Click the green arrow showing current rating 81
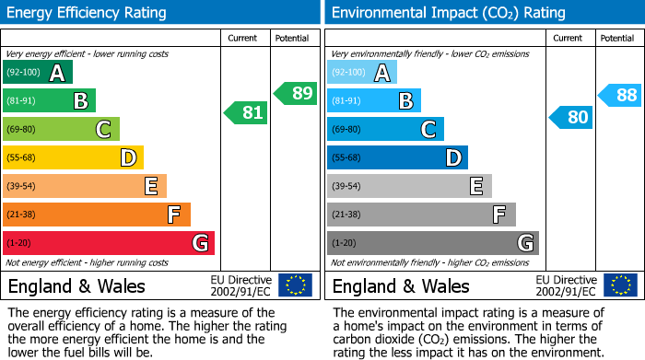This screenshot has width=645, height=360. [x=246, y=113]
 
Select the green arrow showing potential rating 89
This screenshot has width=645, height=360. [x=295, y=93]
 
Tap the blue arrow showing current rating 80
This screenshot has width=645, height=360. [x=570, y=117]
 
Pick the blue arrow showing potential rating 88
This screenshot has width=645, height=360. [x=620, y=94]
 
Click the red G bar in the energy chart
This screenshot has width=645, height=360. [x=108, y=243]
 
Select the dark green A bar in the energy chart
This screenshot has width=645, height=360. [x=37, y=72]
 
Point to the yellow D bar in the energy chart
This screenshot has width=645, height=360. [x=73, y=157]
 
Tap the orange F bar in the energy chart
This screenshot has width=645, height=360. [x=96, y=215]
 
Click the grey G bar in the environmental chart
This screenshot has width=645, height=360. [x=432, y=243]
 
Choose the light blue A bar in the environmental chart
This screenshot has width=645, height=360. [x=361, y=72]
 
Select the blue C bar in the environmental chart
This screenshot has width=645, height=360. [x=385, y=129]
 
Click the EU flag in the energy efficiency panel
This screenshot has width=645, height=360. [x=295, y=285]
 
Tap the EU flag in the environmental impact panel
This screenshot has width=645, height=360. [x=620, y=285]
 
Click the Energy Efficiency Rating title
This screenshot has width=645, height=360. [x=88, y=13]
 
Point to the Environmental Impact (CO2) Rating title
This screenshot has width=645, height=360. [x=448, y=13]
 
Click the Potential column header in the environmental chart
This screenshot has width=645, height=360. [x=616, y=38]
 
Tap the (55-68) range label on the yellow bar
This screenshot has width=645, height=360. [x=22, y=157]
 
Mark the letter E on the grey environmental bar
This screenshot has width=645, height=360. [x=475, y=186]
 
